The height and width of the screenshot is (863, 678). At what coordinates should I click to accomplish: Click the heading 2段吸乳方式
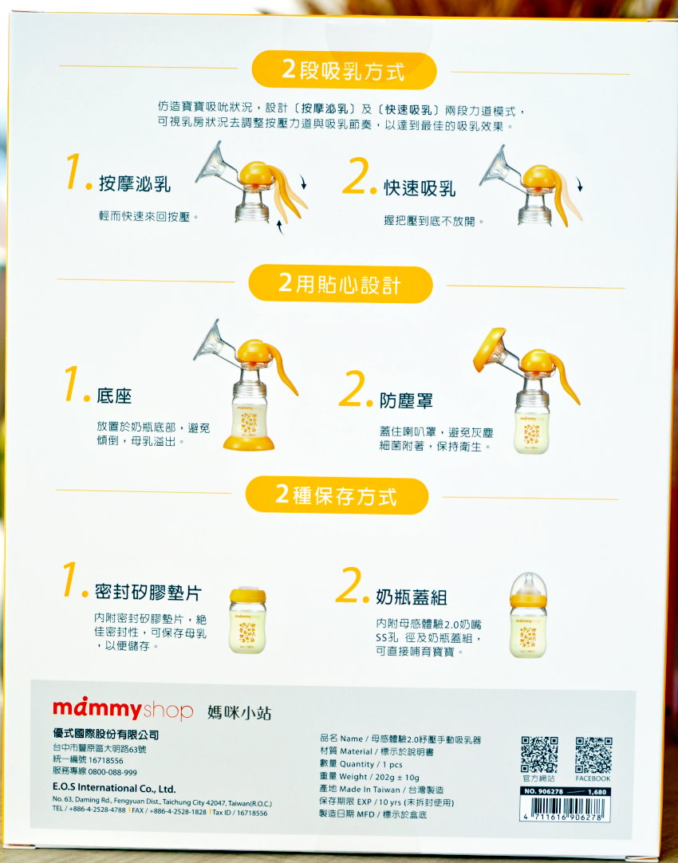click(344, 70)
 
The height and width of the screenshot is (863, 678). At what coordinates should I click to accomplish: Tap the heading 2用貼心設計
click(340, 284)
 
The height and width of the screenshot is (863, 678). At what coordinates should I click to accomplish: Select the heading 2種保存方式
click(336, 495)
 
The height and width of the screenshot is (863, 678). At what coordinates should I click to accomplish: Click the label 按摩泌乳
click(135, 183)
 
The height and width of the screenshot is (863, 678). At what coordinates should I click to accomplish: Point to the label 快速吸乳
click(420, 188)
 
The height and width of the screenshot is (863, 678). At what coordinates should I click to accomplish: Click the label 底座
click(115, 395)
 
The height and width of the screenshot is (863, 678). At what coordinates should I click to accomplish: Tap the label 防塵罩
click(406, 400)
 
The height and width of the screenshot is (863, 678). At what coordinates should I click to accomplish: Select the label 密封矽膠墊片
click(148, 592)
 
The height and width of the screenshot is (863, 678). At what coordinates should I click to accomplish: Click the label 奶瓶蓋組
click(411, 597)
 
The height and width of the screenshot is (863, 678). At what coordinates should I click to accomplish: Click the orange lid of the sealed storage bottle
click(247, 595)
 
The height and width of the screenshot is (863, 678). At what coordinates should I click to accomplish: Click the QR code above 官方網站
click(539, 755)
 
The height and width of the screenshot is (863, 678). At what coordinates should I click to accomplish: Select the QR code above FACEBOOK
click(593, 755)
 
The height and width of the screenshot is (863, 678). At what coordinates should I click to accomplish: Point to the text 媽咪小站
click(239, 713)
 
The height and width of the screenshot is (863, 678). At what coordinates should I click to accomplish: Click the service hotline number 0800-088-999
click(112, 772)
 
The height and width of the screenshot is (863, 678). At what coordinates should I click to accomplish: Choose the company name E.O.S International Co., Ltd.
click(114, 788)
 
